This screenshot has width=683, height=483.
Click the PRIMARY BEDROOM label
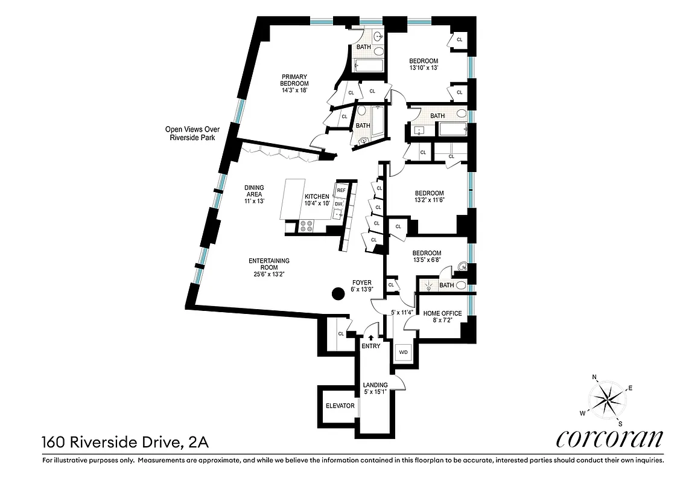[295, 80]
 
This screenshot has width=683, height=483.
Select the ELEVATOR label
[340, 406]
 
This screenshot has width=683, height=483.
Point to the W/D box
[402, 352]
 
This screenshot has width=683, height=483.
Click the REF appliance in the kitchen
[341, 190]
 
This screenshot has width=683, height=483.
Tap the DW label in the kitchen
[338, 204]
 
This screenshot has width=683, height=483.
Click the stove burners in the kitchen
[307, 226]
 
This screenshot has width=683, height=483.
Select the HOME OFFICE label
[442, 313]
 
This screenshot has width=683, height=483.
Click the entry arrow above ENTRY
[371, 338]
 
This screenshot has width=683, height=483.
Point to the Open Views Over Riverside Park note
[193, 133]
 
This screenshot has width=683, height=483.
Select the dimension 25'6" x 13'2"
[270, 274]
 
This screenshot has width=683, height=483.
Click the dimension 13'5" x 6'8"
[427, 261]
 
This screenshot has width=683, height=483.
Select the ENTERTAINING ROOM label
[270, 264]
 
